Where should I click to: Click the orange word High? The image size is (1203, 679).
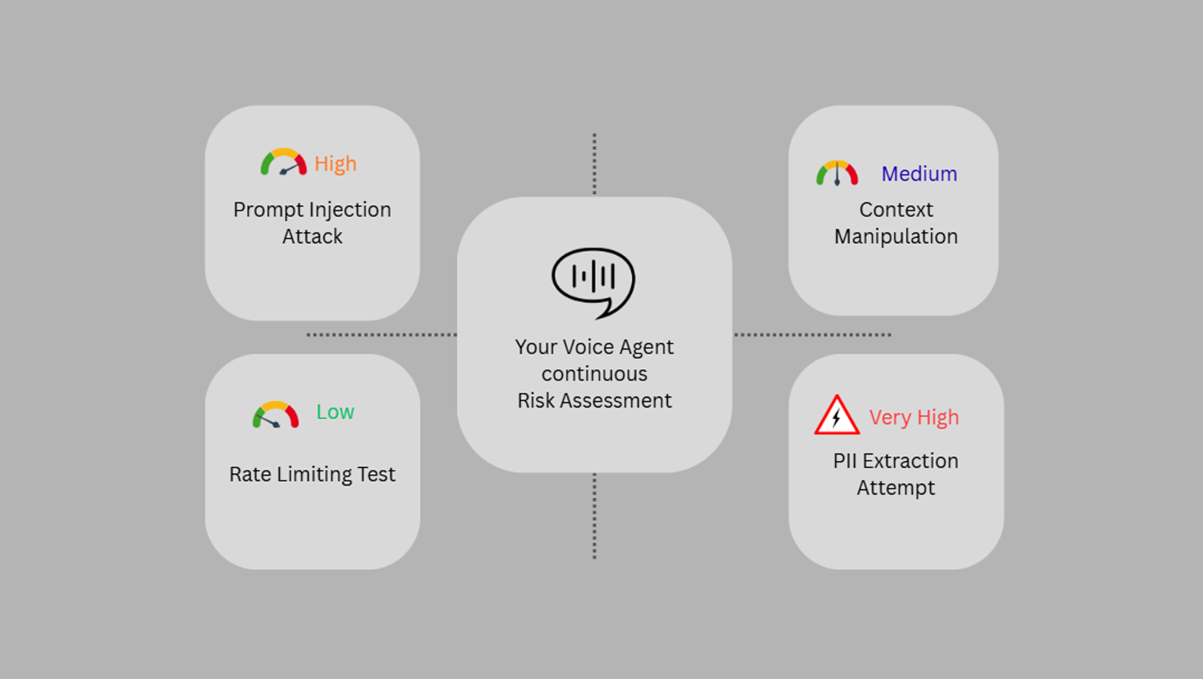point(335,164)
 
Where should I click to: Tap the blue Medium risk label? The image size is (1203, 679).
point(919,173)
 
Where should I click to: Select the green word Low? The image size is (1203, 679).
point(335,412)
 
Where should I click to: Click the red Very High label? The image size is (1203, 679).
point(913,417)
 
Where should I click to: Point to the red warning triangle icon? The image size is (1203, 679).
point(836,416)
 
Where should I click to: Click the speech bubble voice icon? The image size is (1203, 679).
point(594,281)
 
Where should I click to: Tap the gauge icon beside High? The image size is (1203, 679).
point(283,162)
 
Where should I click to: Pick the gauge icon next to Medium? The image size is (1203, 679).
point(837,173)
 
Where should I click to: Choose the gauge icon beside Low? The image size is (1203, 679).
point(275,415)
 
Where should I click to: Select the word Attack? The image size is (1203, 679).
point(312,237)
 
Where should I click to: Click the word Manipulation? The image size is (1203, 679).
point(895,237)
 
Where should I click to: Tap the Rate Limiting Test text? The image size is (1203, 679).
point(312,475)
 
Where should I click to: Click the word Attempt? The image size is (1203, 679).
point(895,488)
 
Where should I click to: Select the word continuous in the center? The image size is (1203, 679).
point(594,374)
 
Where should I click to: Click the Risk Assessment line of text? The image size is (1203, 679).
point(594,401)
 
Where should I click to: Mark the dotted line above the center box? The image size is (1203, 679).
point(594,164)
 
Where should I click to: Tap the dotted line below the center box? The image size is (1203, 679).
point(594,515)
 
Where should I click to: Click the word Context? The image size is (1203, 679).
point(895,210)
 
